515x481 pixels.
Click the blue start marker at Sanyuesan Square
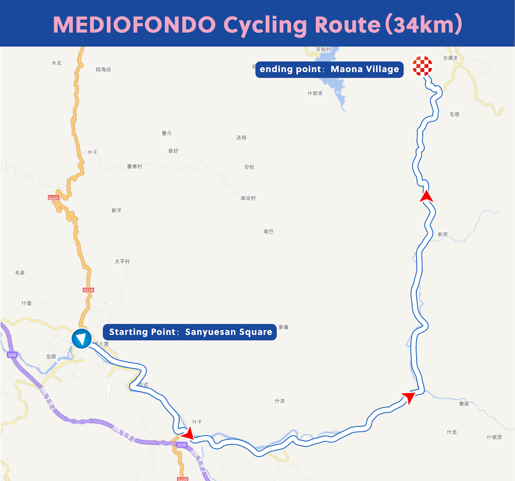[x=82, y=339]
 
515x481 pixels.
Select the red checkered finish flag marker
[x=422, y=66]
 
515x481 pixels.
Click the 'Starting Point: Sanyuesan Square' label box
[x=189, y=332]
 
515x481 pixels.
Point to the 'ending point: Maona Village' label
[x=329, y=69]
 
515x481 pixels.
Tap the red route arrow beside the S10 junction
[x=189, y=433]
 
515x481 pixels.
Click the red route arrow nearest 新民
[x=426, y=196]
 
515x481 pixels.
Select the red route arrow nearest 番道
[x=408, y=397]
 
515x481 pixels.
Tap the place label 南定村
[x=248, y=198]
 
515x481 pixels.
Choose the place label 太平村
[x=122, y=261]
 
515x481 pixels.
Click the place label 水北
[x=57, y=63]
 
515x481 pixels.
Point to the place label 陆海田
[x=103, y=69]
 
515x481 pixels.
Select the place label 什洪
[x=280, y=401]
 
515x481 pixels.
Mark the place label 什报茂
[x=494, y=437]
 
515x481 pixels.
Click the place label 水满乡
[x=450, y=58]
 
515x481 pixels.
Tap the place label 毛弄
[x=20, y=273]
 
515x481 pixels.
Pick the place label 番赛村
[x=134, y=166]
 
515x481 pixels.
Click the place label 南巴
[x=269, y=232]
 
